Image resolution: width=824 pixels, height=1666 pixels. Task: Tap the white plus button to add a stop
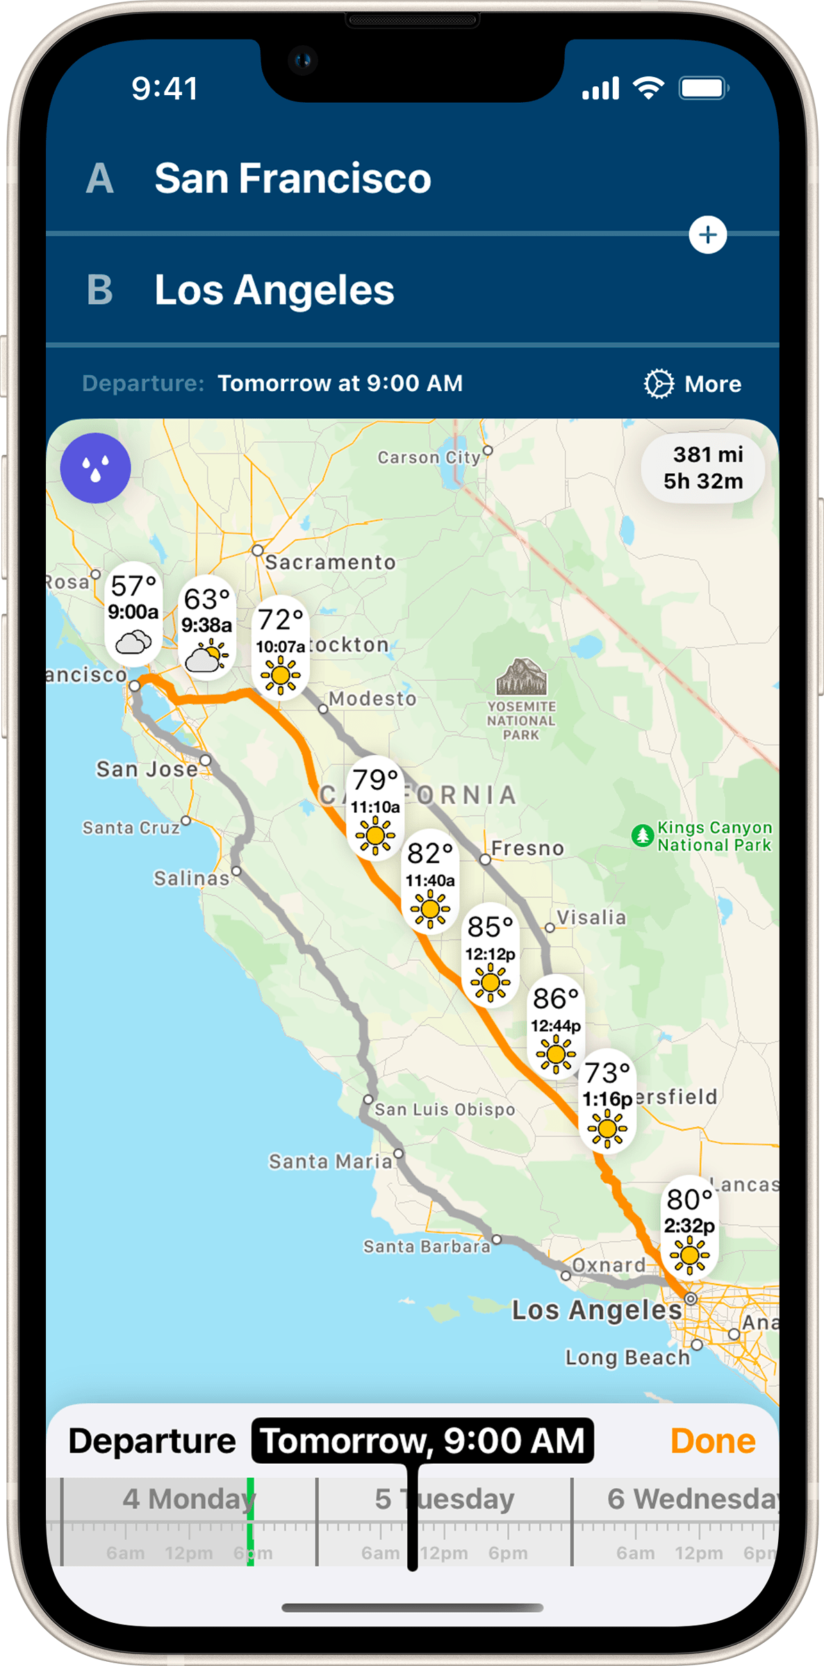[x=707, y=235]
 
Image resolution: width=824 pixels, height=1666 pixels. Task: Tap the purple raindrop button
[x=95, y=468]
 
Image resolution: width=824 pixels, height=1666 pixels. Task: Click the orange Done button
[x=712, y=1441]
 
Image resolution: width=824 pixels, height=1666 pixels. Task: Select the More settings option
[x=693, y=383]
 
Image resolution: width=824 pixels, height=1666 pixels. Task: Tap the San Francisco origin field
[x=292, y=179]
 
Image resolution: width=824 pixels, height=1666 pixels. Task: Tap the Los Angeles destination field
[x=274, y=290]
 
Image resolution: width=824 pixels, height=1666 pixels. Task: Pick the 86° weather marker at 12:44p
[x=555, y=1026]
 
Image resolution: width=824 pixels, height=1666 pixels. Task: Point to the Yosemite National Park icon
[x=521, y=677]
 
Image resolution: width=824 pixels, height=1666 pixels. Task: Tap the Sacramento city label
[x=330, y=562]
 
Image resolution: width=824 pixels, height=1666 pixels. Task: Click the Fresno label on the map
[x=527, y=848]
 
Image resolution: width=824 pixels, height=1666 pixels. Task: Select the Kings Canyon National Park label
[x=714, y=836]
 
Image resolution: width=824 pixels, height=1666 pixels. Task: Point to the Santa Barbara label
[x=427, y=1246]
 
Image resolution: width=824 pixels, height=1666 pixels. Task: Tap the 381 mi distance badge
[x=703, y=468]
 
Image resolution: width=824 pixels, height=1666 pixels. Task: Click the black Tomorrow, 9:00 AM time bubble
[x=422, y=1441]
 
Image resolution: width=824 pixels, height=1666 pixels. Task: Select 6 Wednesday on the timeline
[x=691, y=1499]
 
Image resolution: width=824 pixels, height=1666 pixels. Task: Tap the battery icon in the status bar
[x=703, y=88]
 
